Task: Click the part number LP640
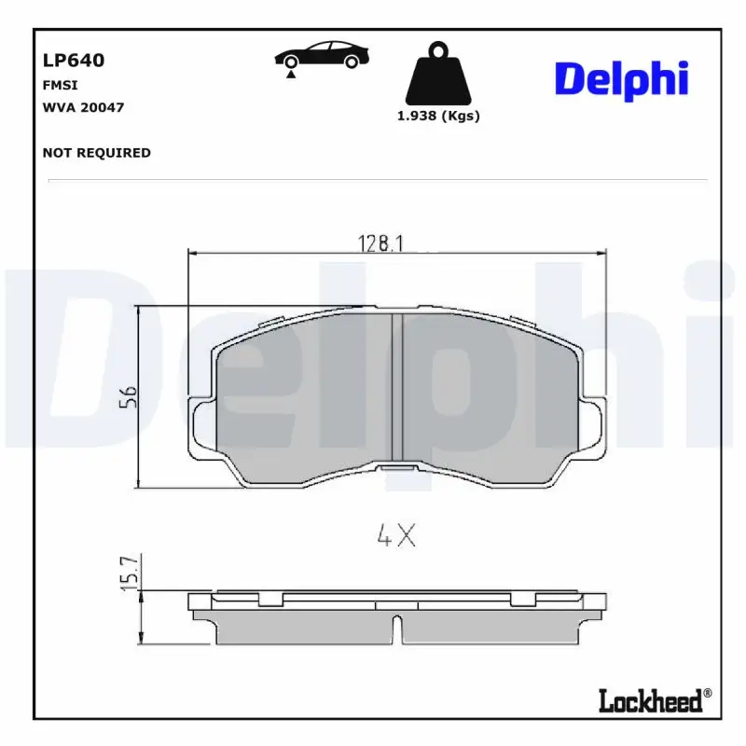click(x=74, y=61)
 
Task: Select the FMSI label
click(x=59, y=85)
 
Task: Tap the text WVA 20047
click(x=83, y=107)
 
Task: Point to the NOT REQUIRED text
click(x=96, y=153)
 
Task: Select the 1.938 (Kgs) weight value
click(x=438, y=117)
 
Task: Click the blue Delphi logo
click(x=621, y=80)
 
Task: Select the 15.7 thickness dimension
click(x=130, y=571)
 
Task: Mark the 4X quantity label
click(x=395, y=536)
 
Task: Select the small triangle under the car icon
click(x=292, y=74)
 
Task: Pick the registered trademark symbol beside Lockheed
click(x=707, y=693)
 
